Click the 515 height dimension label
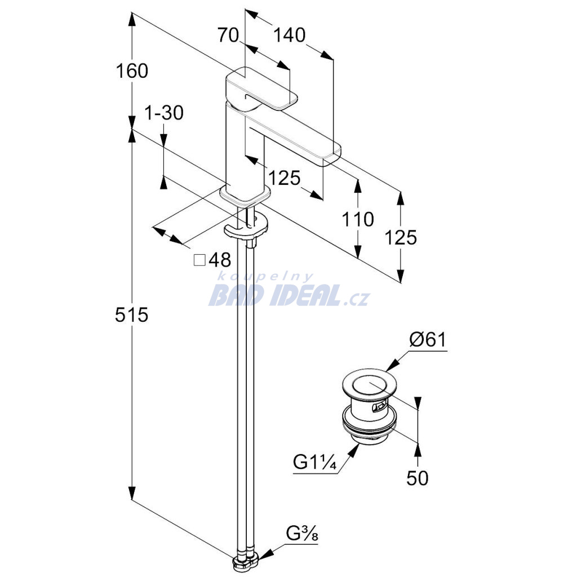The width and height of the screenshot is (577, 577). (x=131, y=315)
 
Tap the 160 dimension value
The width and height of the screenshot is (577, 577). (x=132, y=70)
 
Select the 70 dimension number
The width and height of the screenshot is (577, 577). (x=228, y=35)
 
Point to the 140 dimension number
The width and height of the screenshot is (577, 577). (x=289, y=35)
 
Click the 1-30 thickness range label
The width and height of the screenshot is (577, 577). (x=164, y=113)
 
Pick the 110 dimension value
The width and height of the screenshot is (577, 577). (x=357, y=219)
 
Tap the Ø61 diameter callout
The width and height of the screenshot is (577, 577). (x=428, y=340)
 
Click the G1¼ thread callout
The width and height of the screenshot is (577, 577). (x=314, y=461)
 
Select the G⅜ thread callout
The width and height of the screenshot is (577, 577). (x=302, y=534)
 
